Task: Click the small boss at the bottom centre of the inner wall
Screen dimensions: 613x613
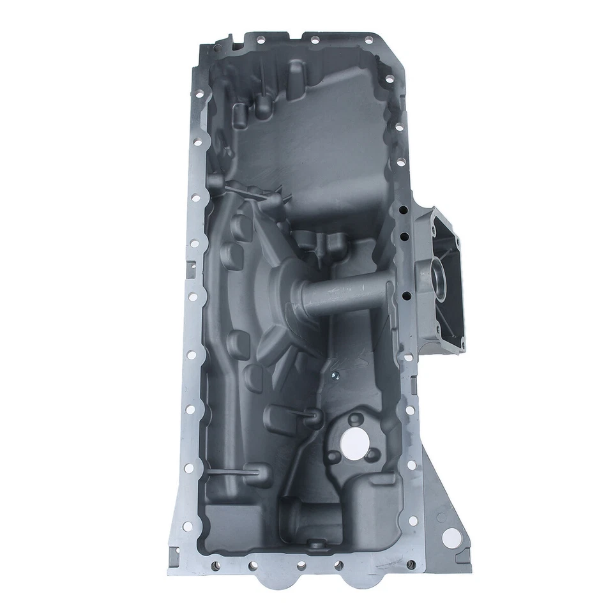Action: point(313,543)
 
